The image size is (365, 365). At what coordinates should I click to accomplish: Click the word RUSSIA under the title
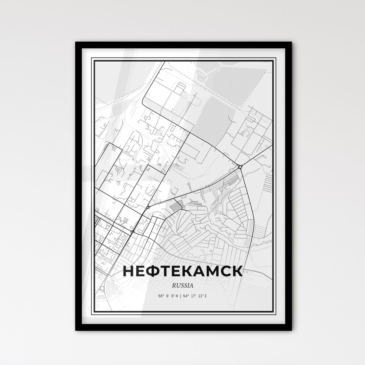click(x=183, y=286)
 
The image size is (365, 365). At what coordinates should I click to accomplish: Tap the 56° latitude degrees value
click(x=161, y=296)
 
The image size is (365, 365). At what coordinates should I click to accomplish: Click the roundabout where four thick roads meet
click(x=240, y=166)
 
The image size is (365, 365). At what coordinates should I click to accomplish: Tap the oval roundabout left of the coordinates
click(x=102, y=288)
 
